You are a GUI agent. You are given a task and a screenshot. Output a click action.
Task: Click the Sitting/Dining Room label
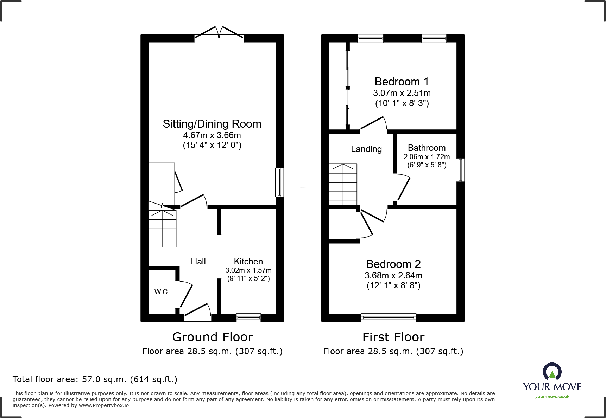pyautogui.click(x=212, y=124)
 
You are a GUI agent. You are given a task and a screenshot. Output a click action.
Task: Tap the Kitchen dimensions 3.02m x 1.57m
pyautogui.click(x=248, y=270)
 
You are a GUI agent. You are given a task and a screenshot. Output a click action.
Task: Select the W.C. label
pyautogui.click(x=162, y=292)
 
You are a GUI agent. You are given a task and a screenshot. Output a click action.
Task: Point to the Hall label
pyautogui.click(x=198, y=261)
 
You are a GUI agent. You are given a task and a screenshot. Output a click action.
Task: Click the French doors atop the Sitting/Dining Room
pyautogui.click(x=219, y=33)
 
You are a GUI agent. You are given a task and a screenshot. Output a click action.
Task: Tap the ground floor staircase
pyautogui.click(x=162, y=229)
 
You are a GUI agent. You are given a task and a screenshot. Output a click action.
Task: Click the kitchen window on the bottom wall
pyautogui.click(x=248, y=317)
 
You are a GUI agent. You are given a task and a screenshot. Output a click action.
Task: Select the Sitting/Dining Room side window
pyautogui.click(x=279, y=182)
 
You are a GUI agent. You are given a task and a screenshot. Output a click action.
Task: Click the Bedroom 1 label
pyautogui.click(x=402, y=82)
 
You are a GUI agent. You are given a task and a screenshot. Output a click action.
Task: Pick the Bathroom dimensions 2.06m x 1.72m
pyautogui.click(x=427, y=157)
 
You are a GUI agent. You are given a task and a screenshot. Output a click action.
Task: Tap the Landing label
pyautogui.click(x=366, y=149)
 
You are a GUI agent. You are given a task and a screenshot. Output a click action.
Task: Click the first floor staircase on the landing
pyautogui.click(x=343, y=184)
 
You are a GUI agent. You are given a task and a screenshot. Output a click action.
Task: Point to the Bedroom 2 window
pyautogui.click(x=389, y=317)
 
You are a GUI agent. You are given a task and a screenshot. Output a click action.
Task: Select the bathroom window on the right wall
pyautogui.click(x=460, y=170)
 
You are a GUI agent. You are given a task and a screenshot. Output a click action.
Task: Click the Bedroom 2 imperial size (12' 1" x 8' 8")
pyautogui.click(x=393, y=285)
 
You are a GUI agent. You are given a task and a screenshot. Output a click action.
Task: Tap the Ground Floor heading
pyautogui.click(x=213, y=337)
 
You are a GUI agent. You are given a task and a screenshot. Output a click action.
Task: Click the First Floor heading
pyautogui.click(x=393, y=337)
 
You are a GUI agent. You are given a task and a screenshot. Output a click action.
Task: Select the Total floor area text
pyautogui.click(x=95, y=379)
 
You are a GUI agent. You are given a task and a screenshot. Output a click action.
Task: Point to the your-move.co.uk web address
pyautogui.click(x=552, y=397)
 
